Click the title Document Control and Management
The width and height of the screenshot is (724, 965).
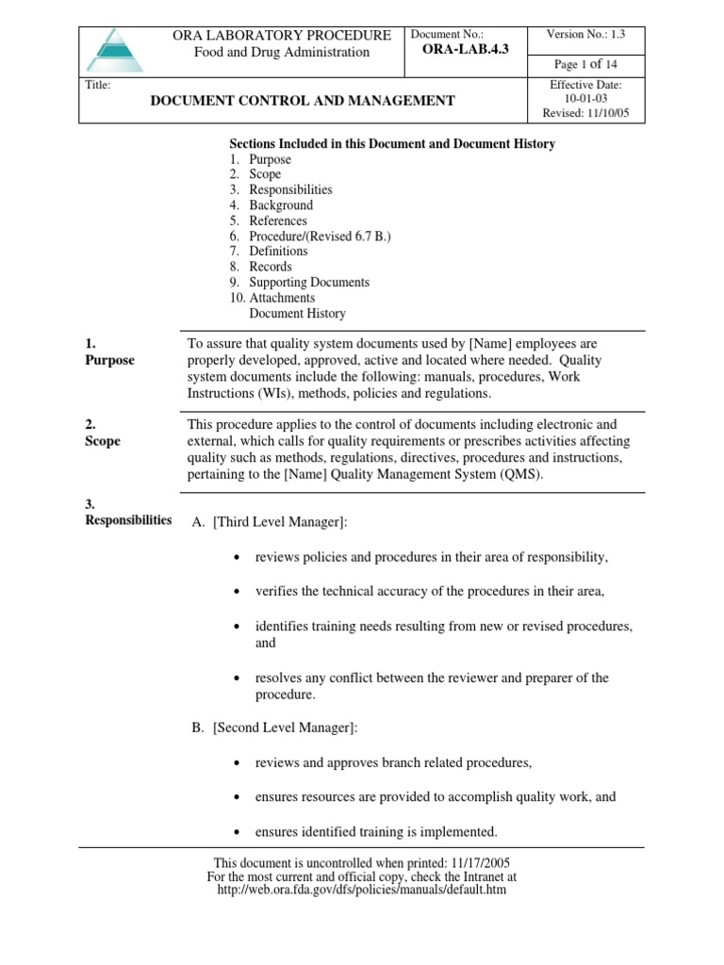(289, 101)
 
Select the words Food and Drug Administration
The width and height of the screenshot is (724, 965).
(282, 53)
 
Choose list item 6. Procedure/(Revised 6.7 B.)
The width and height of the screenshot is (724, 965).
(310, 237)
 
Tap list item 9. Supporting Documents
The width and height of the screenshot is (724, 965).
(299, 283)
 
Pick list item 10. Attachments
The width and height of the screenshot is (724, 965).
(272, 298)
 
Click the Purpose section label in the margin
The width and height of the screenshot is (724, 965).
(110, 360)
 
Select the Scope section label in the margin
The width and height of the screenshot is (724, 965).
(103, 441)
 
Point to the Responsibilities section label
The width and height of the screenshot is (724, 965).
(127, 520)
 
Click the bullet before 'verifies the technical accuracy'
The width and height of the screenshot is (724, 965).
(236, 593)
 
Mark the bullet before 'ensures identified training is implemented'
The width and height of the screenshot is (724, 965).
(236, 833)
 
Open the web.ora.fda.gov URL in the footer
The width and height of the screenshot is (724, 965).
(361, 890)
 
